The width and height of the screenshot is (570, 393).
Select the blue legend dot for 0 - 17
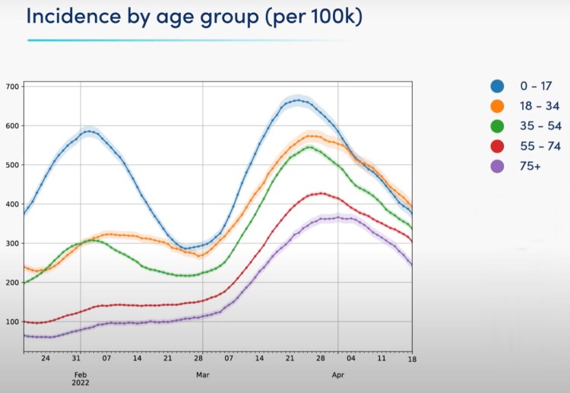tap(498, 86)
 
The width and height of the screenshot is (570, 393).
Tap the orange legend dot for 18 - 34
tap(498, 106)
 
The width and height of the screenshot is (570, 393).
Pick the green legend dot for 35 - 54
tap(498, 126)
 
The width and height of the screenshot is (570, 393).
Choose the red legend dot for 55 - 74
tap(498, 146)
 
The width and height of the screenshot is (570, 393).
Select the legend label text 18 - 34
tap(541, 106)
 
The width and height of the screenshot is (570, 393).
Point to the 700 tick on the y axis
tap(12, 86)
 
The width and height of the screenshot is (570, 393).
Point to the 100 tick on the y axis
tap(12, 322)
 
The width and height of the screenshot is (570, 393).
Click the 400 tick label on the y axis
tap(12, 204)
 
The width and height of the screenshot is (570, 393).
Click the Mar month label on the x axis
tap(203, 375)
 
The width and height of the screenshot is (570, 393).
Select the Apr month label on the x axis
tap(337, 375)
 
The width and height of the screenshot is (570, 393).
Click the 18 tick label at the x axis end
tap(411, 358)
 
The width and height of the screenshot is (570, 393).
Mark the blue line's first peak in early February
tap(90, 132)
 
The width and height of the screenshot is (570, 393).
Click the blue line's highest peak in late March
tap(297, 100)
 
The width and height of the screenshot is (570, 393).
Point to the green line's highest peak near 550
tap(309, 147)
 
